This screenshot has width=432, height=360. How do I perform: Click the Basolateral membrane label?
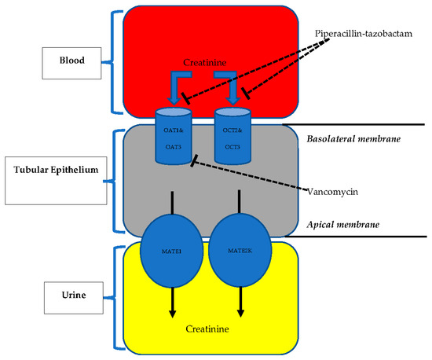[348, 139]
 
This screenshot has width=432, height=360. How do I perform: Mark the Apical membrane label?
[342, 224]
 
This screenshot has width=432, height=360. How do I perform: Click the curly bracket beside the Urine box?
[119, 296]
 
